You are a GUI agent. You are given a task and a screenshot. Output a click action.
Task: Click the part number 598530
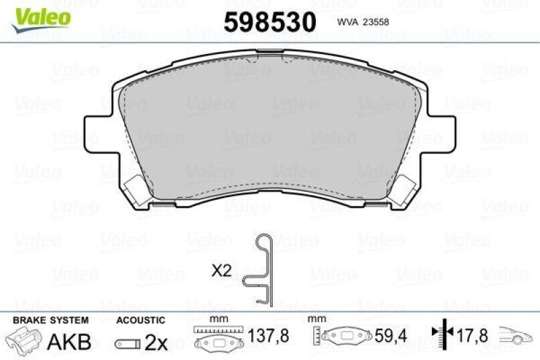pos(269,22)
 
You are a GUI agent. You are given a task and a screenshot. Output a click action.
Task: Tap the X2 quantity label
pos(221,271)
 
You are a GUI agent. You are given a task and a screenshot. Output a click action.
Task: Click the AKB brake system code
pos(70,341)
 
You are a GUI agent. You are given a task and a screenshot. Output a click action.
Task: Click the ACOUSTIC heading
pos(140,319)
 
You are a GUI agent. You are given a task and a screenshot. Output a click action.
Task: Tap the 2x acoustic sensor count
pos(157,342)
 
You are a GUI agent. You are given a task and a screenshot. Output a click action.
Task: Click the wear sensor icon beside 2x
pos(127,343)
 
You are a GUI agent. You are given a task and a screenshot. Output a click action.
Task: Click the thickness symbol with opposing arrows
pos(440,334)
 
